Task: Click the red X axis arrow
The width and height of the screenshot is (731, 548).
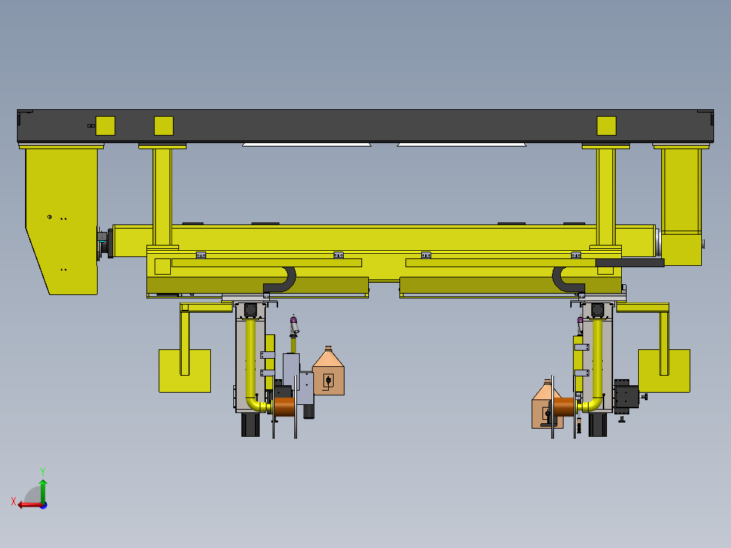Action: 31,505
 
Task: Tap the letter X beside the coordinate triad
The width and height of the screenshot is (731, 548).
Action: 14,501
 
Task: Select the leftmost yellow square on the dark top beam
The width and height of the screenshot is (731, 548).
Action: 105,125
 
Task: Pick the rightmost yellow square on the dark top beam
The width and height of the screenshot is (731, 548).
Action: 606,125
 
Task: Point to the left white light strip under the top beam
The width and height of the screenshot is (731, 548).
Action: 307,144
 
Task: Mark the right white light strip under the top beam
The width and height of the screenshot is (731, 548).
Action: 462,144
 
